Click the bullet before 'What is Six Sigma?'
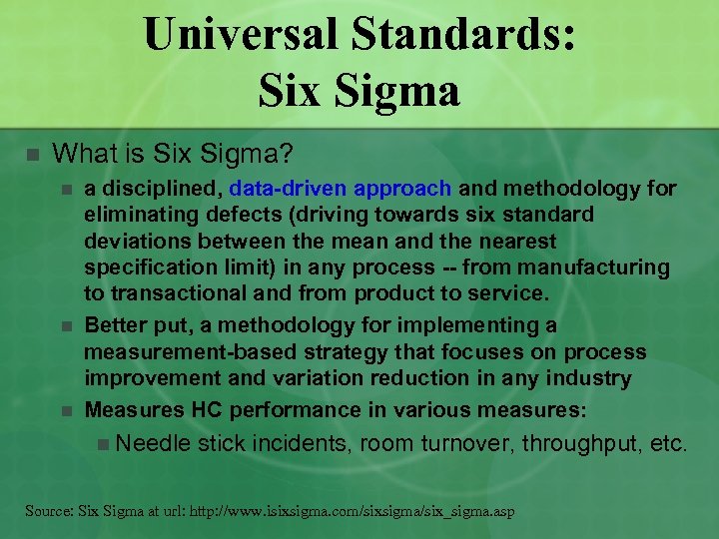(x=31, y=155)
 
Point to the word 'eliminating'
(x=141, y=215)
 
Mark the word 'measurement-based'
(x=185, y=352)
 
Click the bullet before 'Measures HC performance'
(x=66, y=410)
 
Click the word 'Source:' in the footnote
(x=51, y=511)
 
